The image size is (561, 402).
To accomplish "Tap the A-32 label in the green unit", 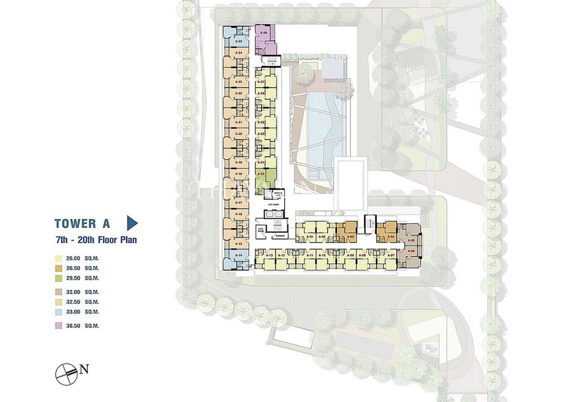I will pos(261,174).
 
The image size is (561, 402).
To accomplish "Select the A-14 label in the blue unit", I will pos(239,255).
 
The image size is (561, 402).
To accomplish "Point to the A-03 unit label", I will pos(351,237).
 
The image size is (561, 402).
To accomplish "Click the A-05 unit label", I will pos(411,240).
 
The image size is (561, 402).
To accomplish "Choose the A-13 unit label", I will pos(270,255).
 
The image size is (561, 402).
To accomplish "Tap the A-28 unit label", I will pos(261,93).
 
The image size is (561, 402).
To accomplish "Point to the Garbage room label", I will pos(280,236).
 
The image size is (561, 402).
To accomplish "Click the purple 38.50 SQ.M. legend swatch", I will pos(58,326).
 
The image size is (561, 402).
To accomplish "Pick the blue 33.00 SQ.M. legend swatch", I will pos(58,312).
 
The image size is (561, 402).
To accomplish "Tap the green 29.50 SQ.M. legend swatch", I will pos(58,278).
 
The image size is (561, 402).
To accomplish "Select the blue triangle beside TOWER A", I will pos(132,223).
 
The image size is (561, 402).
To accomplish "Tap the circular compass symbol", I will pos(67,374).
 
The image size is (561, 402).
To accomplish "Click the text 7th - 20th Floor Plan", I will pos(96,240).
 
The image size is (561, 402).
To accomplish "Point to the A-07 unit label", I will pos(391,255).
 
